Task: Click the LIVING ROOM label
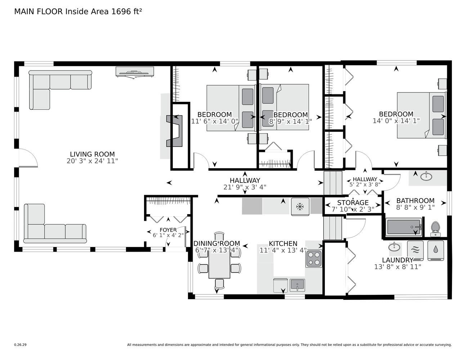coord(93,154)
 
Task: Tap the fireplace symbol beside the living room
coord(174,131)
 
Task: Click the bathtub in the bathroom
coord(404,227)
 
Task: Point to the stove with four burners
coord(314,258)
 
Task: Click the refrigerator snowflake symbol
coord(300,207)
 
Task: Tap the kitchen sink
coord(297,285)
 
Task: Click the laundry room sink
coord(394,247)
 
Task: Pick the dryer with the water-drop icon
coord(435,250)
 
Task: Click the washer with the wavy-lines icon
coord(415,250)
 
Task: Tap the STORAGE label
coord(353,202)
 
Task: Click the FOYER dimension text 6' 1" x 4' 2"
coord(168,235)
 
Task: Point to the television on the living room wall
coord(135,72)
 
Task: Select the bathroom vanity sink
coord(426,176)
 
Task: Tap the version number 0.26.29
coord(21,345)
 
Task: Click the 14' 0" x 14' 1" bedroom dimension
coord(396,121)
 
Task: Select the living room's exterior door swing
coord(28,158)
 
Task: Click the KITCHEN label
coord(283,243)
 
